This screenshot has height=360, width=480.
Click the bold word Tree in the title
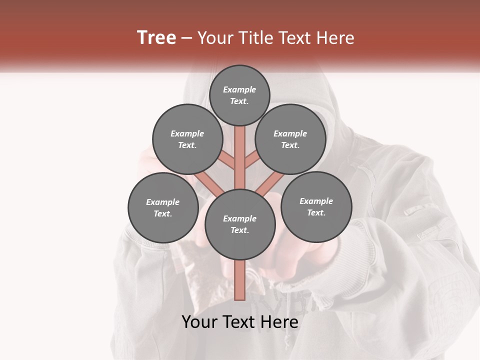pos(156,38)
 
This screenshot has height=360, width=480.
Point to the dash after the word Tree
pos(186,38)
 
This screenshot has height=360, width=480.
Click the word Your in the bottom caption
pos(199,322)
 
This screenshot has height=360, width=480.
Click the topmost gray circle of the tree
pos(239,95)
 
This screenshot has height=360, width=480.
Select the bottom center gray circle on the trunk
pos(240,224)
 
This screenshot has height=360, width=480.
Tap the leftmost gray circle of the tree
pos(163,207)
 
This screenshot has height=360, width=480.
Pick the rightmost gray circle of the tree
pos(316,206)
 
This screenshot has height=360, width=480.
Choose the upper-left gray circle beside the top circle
pos(187,139)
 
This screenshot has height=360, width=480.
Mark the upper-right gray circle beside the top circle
pos(290,139)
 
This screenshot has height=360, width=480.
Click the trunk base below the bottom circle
pos(240,280)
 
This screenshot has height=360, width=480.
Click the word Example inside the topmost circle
pos(239,90)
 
